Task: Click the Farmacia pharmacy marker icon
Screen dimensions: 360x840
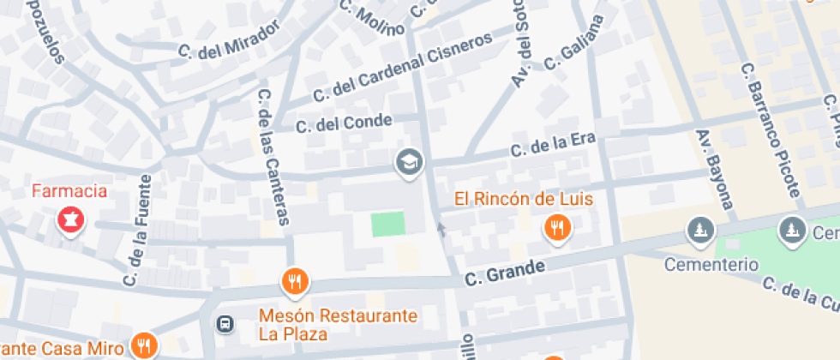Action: coord(70,220)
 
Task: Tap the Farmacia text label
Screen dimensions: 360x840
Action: coord(70,190)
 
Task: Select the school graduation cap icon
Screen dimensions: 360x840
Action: coord(409,161)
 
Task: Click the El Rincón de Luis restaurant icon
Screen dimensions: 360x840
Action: coord(558,228)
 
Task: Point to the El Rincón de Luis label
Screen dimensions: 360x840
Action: coord(524,200)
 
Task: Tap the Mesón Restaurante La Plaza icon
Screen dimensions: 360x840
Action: coord(295,280)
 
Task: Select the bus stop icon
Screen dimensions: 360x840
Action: coord(225,324)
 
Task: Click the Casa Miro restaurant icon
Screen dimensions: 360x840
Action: coord(143,345)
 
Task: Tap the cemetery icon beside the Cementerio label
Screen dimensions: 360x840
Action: coord(700,230)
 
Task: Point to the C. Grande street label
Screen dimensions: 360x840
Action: coord(505,273)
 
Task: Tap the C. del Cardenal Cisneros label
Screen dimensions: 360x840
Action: coord(403,66)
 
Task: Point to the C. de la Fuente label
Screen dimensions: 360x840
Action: coord(137,231)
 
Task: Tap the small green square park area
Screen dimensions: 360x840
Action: coord(387,225)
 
